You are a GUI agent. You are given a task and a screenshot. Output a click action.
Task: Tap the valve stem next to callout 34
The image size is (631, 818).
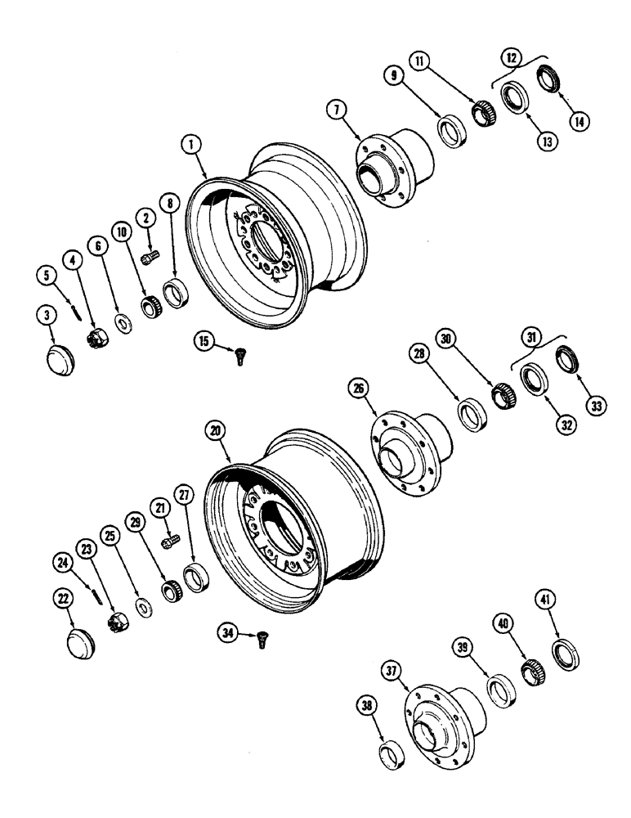click(x=262, y=644)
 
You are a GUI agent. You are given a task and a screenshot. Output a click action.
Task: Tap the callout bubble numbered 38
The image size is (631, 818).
click(x=365, y=703)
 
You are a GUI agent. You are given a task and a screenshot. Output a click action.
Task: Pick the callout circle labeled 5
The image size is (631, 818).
click(x=47, y=276)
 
